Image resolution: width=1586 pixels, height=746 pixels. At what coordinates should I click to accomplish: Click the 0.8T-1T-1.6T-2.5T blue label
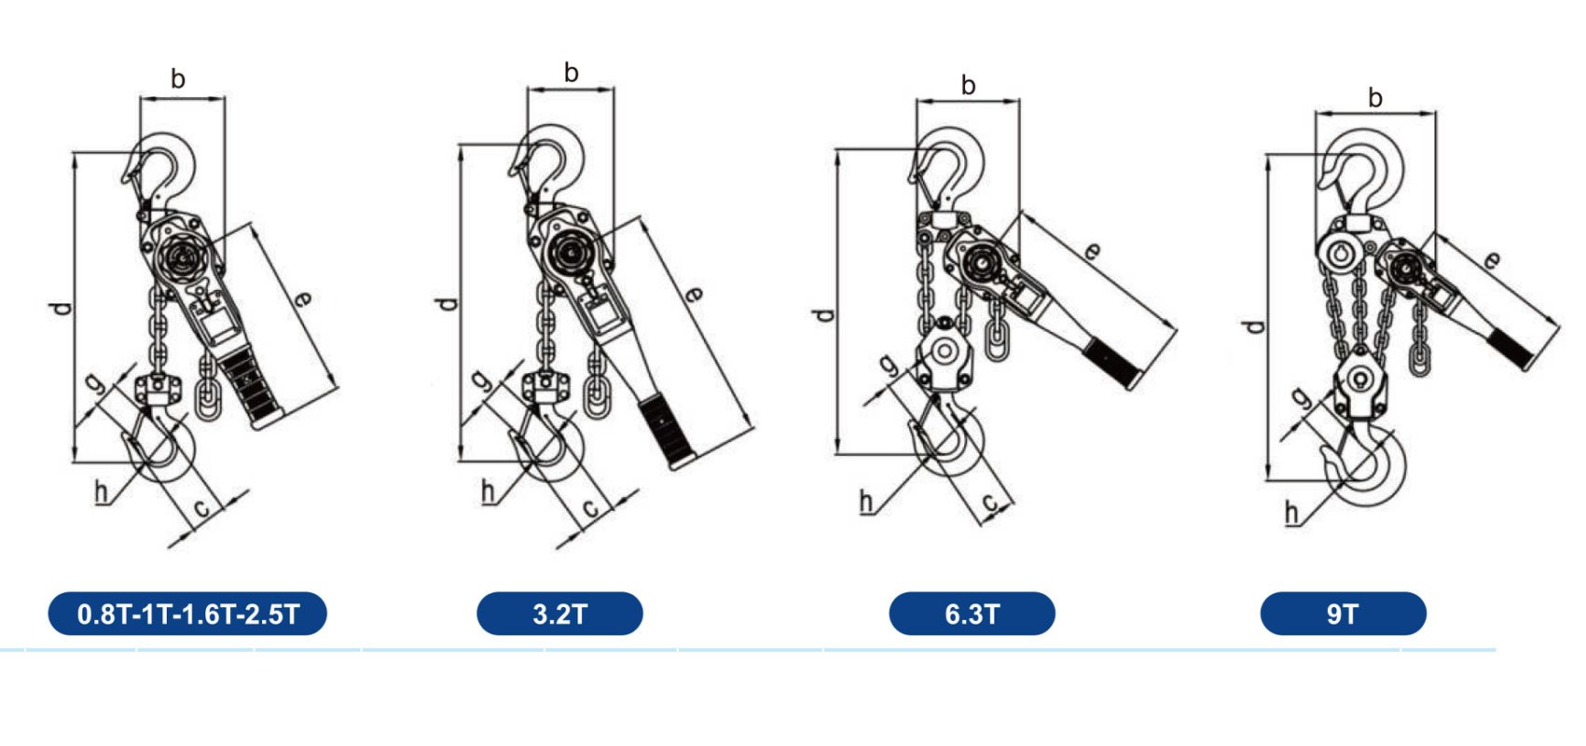pos(187,614)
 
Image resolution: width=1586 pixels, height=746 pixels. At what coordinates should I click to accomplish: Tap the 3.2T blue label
pos(560,614)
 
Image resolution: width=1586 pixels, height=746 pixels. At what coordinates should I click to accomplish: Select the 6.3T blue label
pos(972,614)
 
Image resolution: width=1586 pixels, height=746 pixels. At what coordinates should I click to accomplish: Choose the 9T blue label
pos(1344,614)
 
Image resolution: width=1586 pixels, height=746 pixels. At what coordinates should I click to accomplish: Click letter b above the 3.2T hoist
pos(572,72)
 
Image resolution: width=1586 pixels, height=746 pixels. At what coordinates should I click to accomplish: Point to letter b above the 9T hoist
pos(1375,98)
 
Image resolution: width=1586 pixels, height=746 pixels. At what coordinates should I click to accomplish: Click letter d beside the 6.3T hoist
pos(823,315)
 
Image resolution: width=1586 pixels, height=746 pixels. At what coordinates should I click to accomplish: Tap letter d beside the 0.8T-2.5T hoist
pos(61,309)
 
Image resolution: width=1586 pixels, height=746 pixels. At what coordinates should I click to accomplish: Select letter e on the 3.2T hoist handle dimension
pos(694,294)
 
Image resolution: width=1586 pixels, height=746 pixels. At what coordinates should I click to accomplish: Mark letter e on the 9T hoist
pos(1490,261)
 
